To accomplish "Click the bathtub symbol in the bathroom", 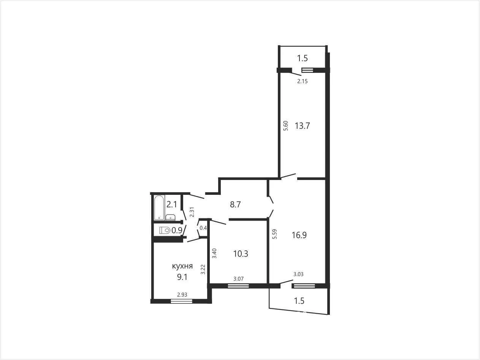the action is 159,208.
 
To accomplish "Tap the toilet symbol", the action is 165,230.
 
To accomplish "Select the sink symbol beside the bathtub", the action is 170,217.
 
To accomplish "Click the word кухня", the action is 182,266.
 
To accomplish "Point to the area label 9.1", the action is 182,277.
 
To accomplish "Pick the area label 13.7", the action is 303,126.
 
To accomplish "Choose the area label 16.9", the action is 299,235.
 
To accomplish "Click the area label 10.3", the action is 241,254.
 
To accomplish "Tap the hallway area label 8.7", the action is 235,204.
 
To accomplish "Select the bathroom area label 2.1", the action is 172,204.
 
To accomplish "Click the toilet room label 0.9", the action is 177,230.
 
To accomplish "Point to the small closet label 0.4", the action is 203,228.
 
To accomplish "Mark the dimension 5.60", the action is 285,126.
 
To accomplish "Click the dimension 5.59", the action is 275,234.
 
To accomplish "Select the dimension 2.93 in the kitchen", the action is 182,295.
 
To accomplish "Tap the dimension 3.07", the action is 239,279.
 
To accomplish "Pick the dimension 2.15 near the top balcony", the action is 303,81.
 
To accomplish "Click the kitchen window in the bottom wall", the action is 182,301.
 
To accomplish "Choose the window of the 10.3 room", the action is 238,286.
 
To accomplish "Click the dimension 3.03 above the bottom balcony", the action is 298,274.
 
